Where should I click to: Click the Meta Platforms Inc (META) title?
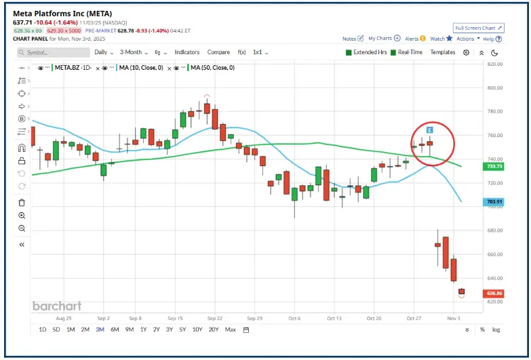click(x=63, y=14)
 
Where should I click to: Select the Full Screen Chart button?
click(x=479, y=28)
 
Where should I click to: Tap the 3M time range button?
click(x=100, y=329)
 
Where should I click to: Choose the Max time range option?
click(x=231, y=329)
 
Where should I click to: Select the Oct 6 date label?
click(x=294, y=317)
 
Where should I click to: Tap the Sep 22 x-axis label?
click(x=216, y=317)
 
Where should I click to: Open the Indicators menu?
click(x=187, y=52)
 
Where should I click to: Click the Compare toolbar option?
click(x=218, y=52)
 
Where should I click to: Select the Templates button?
click(x=443, y=52)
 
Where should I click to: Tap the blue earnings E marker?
click(x=430, y=129)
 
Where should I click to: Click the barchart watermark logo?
click(x=56, y=306)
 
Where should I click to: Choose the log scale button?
click(x=496, y=329)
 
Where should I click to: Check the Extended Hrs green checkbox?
click(x=349, y=52)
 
